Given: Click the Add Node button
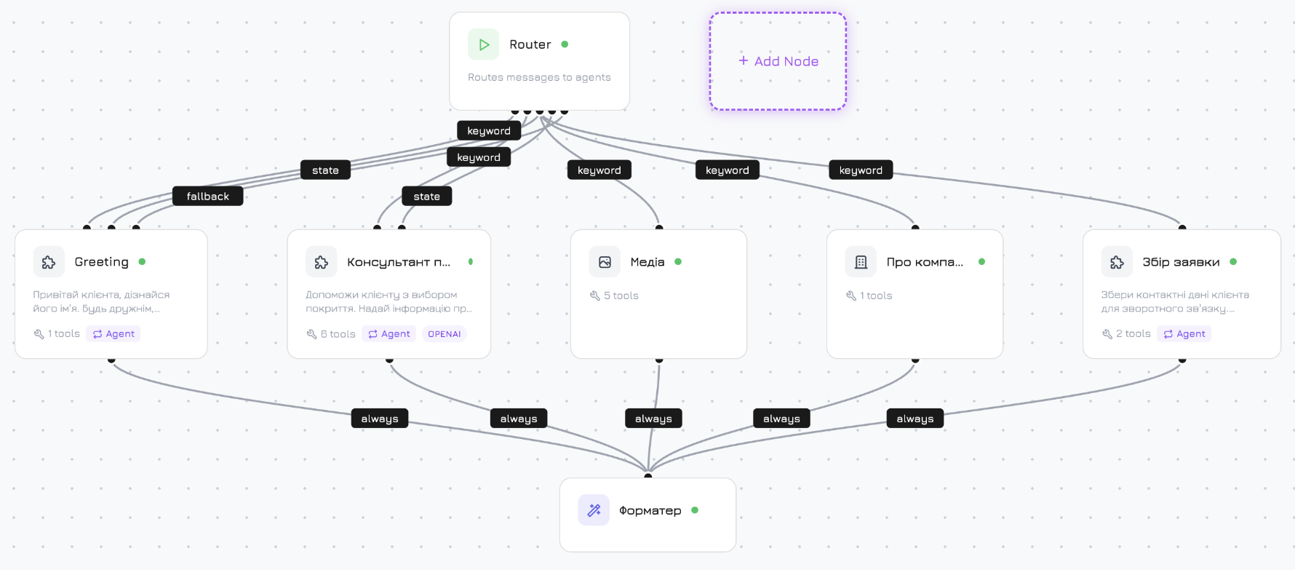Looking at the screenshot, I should pos(778,61).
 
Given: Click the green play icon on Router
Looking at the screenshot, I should pos(484,44).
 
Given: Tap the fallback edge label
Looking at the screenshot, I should pos(207,197).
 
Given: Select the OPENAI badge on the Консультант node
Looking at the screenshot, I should pos(444,334).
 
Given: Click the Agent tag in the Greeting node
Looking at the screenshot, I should pos(113,334).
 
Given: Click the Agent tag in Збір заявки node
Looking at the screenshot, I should pos(1184,334).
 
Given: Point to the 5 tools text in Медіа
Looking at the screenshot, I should pos(621,296).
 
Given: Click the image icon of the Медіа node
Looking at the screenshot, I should pos(605,262).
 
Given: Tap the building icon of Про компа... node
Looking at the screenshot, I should pos(861,262).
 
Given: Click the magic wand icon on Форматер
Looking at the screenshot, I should pos(594,510).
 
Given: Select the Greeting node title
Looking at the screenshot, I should pos(101,262).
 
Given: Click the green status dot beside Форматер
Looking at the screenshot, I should pos(695,510).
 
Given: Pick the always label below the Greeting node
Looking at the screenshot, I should pos(379,419).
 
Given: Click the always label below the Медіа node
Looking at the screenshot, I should pos(653,419).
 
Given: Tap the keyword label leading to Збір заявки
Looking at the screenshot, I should pos(861,170).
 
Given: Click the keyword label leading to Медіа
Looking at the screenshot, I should pos(599,170).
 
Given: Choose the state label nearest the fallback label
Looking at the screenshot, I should pos(325,170).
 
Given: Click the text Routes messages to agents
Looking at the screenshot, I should pos(539,77).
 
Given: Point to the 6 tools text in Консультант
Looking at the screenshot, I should pos(338,334).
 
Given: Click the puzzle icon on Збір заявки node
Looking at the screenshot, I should pos(1117,262).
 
